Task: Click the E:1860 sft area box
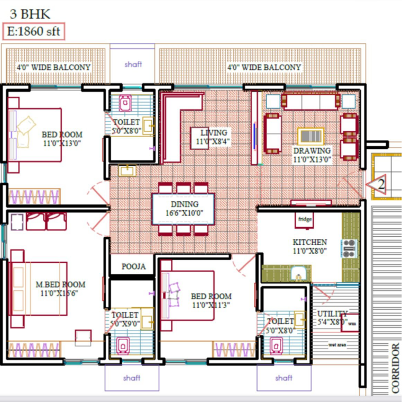pyautogui.click(x=34, y=31)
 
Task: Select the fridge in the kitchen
pyautogui.click(x=305, y=218)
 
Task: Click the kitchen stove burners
pyautogui.click(x=350, y=248)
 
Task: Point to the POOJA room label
pyautogui.click(x=133, y=266)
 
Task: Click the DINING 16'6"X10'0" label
pyautogui.click(x=184, y=208)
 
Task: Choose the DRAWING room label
pyautogui.click(x=312, y=154)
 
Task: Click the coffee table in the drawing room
pyautogui.click(x=309, y=136)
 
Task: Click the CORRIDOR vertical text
pyautogui.click(x=396, y=368)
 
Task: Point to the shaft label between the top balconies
pyautogui.click(x=133, y=64)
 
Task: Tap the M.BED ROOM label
pyautogui.click(x=60, y=289)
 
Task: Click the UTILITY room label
pyautogui.click(x=332, y=317)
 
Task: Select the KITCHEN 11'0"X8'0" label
pyautogui.click(x=309, y=246)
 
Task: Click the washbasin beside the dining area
pyautogui.click(x=127, y=171)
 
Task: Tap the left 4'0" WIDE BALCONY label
pyautogui.click(x=53, y=67)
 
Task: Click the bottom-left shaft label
pyautogui.click(x=132, y=378)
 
